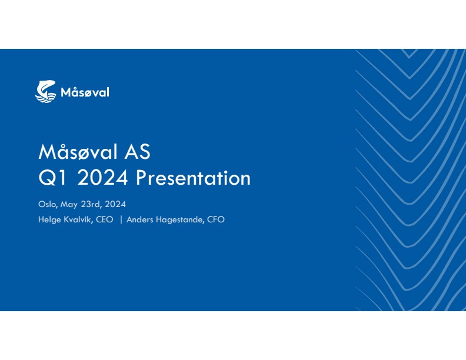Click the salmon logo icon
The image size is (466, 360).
[x=45, y=92]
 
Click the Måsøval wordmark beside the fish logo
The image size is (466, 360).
[x=85, y=92]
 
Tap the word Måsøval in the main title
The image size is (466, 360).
[x=78, y=152]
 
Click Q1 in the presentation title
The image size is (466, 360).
[x=52, y=178]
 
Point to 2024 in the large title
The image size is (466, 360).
[x=102, y=178]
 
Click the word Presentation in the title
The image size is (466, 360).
[x=193, y=178]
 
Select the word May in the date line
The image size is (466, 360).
[x=69, y=205]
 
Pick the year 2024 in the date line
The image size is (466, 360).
[x=115, y=204]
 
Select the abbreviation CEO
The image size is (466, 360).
[x=104, y=219]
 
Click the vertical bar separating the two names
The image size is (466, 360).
[x=121, y=220]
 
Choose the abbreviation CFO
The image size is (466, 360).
[x=216, y=219]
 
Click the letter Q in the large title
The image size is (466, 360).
[x=47, y=178]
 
